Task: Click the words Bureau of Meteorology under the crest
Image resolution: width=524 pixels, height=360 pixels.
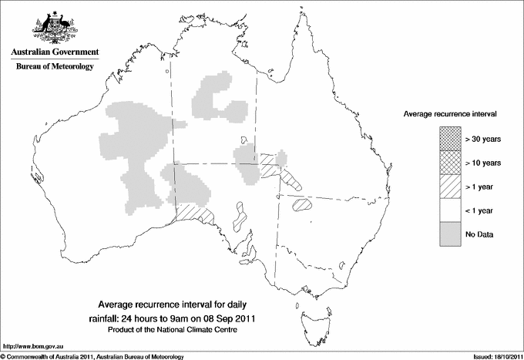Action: tap(55, 67)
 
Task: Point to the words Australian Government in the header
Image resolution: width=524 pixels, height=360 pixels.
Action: tap(55, 52)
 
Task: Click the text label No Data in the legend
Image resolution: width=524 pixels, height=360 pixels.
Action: tap(479, 234)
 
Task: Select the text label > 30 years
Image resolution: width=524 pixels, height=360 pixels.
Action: tap(482, 138)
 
